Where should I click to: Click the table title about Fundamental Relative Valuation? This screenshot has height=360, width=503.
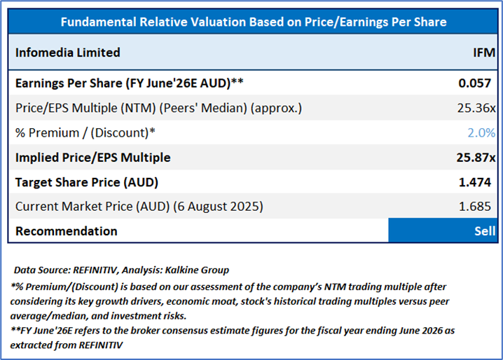click(254, 22)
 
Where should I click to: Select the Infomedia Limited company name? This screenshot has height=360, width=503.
click(68, 53)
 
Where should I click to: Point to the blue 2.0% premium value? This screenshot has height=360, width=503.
click(481, 132)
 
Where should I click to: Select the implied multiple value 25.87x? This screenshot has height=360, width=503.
click(475, 158)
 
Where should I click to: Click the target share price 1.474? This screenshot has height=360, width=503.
click(477, 182)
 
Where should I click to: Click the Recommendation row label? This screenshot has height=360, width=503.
click(67, 231)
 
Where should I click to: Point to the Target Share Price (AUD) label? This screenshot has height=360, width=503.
click(87, 182)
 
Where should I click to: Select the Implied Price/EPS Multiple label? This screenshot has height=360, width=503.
click(93, 158)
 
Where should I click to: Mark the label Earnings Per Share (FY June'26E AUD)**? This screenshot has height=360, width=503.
click(129, 83)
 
